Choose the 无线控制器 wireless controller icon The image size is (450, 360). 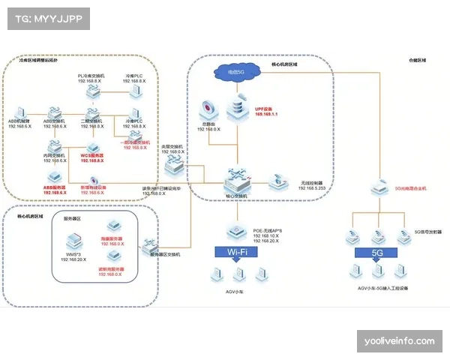tap(280, 180)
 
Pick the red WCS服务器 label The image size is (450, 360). tap(92, 157)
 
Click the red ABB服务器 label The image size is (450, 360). tap(54, 188)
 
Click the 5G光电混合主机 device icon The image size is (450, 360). tap(377, 190)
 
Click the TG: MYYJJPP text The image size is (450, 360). tap(48, 17)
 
